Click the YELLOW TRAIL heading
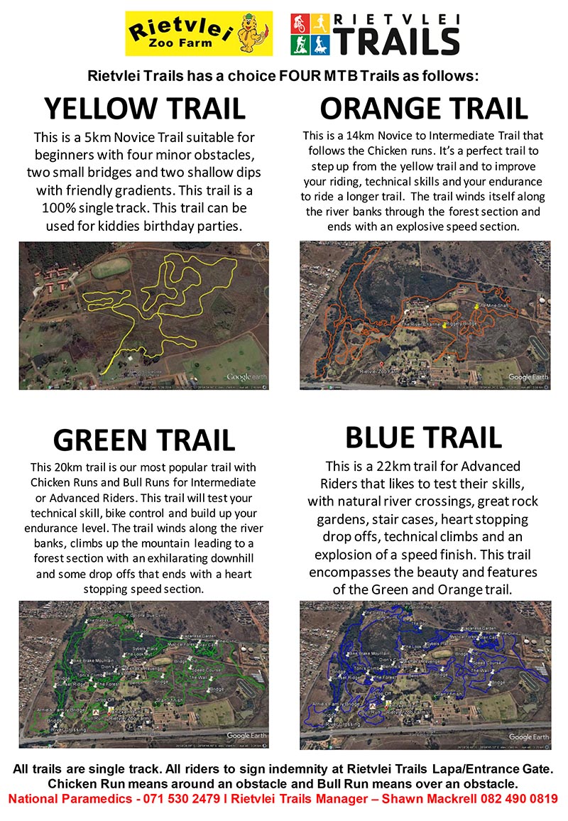pos(144,109)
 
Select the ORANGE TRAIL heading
pos(424,109)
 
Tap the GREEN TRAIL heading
pos(144,440)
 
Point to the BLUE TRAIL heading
pos(423,437)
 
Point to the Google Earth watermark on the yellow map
pos(246,377)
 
